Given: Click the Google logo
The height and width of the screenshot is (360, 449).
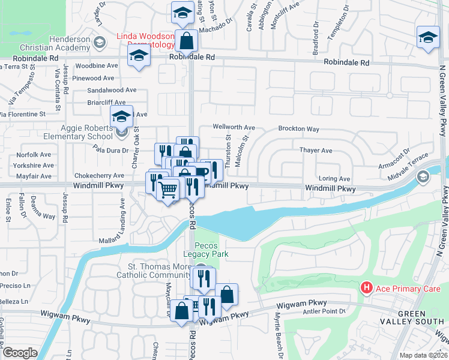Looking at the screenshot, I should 20,353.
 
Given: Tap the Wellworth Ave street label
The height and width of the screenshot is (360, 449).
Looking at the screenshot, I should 234,128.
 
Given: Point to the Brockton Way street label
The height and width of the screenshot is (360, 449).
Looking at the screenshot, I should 298,129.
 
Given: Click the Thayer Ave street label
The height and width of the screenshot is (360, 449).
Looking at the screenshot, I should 316,151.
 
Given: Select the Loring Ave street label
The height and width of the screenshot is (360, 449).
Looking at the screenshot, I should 334,179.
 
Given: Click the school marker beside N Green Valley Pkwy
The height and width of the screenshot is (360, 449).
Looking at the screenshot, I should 427,38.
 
